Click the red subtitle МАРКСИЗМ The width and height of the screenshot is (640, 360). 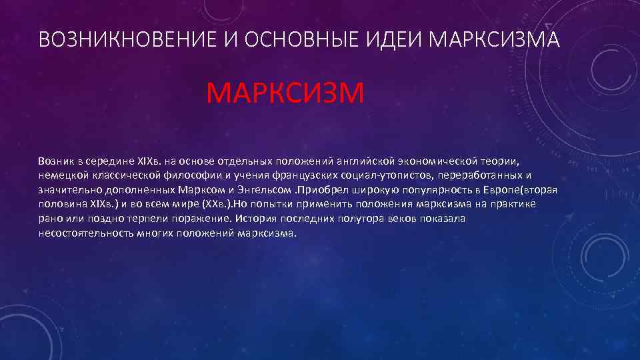click(285, 93)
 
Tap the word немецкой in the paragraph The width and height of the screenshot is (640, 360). click(62, 176)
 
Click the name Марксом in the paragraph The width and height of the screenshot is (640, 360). click(200, 191)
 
